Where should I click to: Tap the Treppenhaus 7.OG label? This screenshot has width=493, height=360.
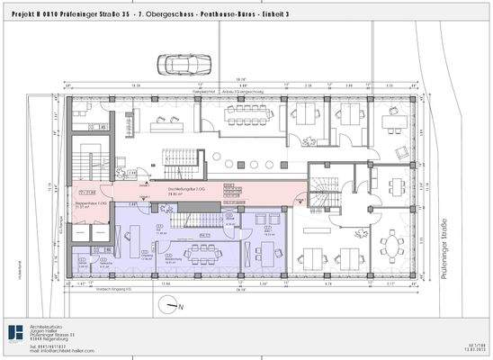click(84, 205)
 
